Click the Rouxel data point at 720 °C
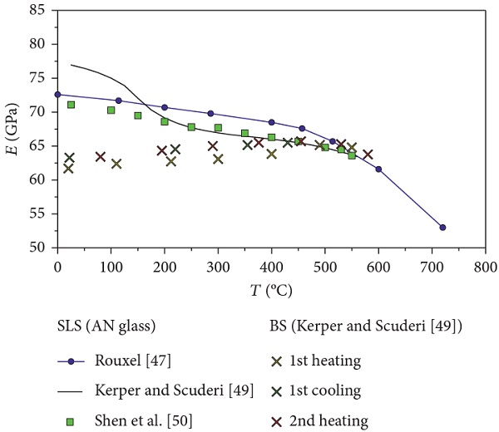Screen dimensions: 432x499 tap(442, 227)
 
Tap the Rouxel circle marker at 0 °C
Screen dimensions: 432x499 tap(57, 94)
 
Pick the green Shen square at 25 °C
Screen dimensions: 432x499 tap(71, 105)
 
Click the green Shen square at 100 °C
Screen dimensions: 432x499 tap(111, 110)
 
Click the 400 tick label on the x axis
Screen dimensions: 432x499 tap(271, 265)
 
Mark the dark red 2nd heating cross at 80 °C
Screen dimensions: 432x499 tap(101, 156)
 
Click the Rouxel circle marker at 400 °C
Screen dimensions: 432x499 tap(271, 122)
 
